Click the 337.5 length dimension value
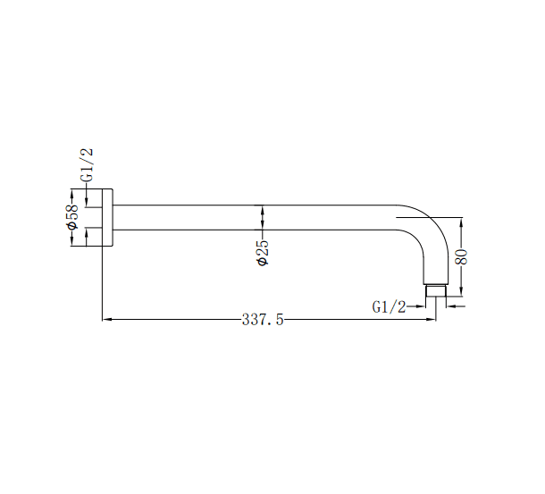(x=263, y=320)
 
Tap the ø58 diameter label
(x=73, y=217)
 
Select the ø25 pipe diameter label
(x=263, y=254)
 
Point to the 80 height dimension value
(x=462, y=257)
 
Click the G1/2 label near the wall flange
(x=88, y=165)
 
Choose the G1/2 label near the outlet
(x=390, y=306)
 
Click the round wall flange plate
(x=109, y=217)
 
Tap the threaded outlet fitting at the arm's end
(x=435, y=291)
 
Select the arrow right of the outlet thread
(x=449, y=306)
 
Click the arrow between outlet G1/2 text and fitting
(x=420, y=306)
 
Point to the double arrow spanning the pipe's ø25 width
(x=263, y=217)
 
